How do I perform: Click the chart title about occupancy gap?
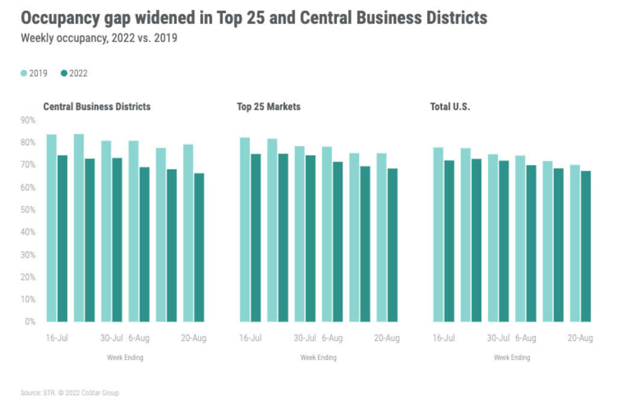click(254, 18)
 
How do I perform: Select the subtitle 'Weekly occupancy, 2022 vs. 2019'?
click(99, 38)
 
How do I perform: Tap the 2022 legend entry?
click(74, 73)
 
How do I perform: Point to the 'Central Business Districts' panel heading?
click(97, 107)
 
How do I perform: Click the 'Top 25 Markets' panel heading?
click(269, 107)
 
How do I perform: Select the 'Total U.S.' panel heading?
click(450, 107)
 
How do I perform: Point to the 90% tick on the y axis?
click(28, 120)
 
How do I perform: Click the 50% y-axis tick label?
click(28, 210)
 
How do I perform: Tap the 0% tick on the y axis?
click(30, 322)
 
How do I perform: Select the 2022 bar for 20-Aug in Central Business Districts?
click(199, 247)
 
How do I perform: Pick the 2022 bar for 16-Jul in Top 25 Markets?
click(256, 237)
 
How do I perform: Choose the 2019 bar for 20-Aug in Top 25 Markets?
click(381, 237)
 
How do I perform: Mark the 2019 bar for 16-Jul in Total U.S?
click(438, 234)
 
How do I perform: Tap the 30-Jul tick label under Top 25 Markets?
click(305, 338)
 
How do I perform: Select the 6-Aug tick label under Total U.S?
click(525, 338)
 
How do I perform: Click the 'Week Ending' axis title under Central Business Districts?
click(125, 358)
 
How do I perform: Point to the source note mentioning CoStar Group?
click(70, 393)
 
